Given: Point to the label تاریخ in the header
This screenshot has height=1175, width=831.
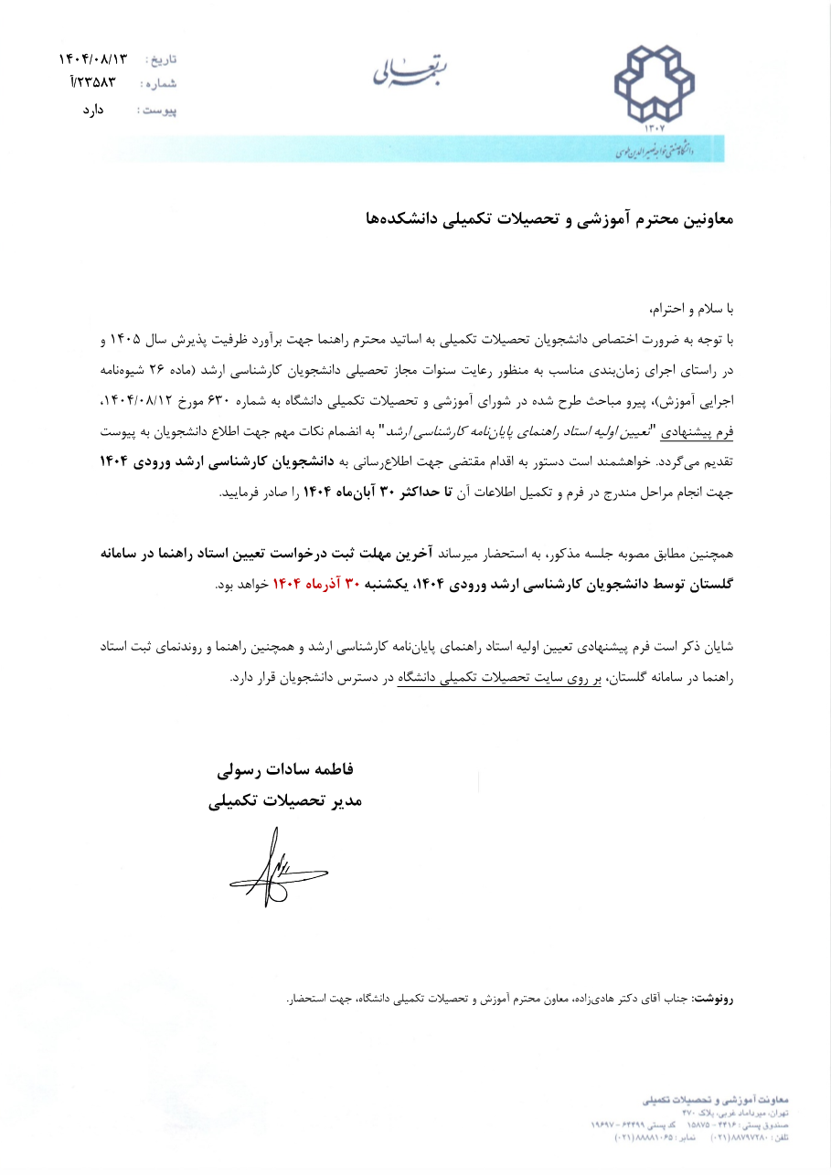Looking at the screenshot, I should [162, 60].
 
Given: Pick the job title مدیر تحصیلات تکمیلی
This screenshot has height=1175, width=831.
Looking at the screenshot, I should [285, 801].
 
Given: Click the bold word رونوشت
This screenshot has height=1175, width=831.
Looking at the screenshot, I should [714, 1000].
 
